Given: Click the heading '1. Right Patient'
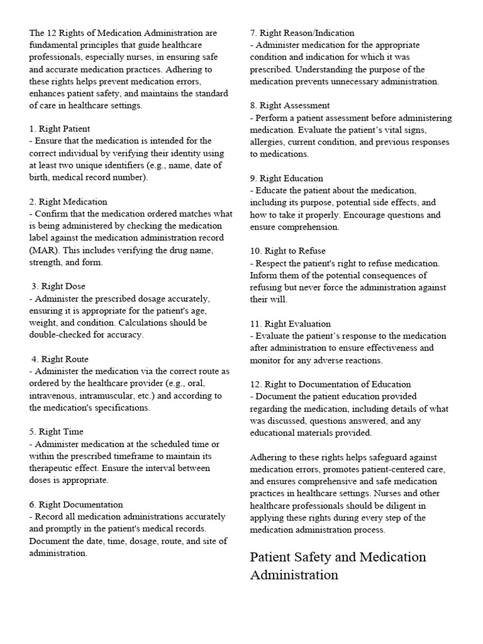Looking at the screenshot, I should [x=59, y=129].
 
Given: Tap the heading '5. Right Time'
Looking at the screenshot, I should [x=56, y=431].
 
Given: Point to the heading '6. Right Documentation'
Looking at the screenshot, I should [x=75, y=504].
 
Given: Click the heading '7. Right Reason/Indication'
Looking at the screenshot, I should [x=302, y=33].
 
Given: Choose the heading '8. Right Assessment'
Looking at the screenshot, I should [x=289, y=106].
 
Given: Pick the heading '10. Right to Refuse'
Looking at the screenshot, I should [x=287, y=251].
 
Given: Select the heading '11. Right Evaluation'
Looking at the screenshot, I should [x=290, y=324].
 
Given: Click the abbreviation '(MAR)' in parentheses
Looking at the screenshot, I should [x=42, y=250].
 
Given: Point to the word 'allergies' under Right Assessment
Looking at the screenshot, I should [x=267, y=142].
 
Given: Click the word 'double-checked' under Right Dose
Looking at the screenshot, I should [x=59, y=335].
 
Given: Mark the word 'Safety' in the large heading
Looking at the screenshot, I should [x=319, y=557].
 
